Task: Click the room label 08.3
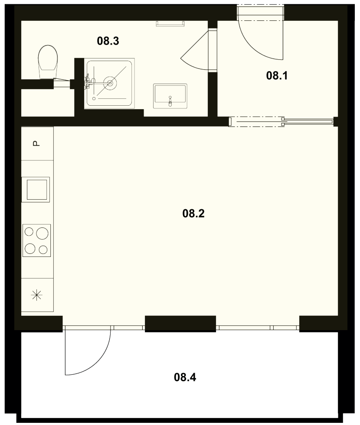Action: tap(108, 41)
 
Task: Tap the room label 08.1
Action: tap(277, 76)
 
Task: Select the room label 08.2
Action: tap(193, 214)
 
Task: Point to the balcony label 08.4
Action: tap(185, 377)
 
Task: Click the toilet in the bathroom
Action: tap(48, 62)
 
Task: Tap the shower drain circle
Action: tap(110, 83)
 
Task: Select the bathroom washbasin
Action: tap(170, 96)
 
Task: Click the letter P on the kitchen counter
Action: tap(36, 143)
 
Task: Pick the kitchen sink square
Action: tap(36, 189)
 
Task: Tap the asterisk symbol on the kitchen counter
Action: tap(37, 295)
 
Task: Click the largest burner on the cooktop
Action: tap(43, 234)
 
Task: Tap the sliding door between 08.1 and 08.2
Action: tap(281, 121)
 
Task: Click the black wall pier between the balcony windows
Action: tap(180, 324)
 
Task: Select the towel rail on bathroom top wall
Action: tap(170, 23)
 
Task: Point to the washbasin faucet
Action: tap(170, 101)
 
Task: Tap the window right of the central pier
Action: tap(258, 328)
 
